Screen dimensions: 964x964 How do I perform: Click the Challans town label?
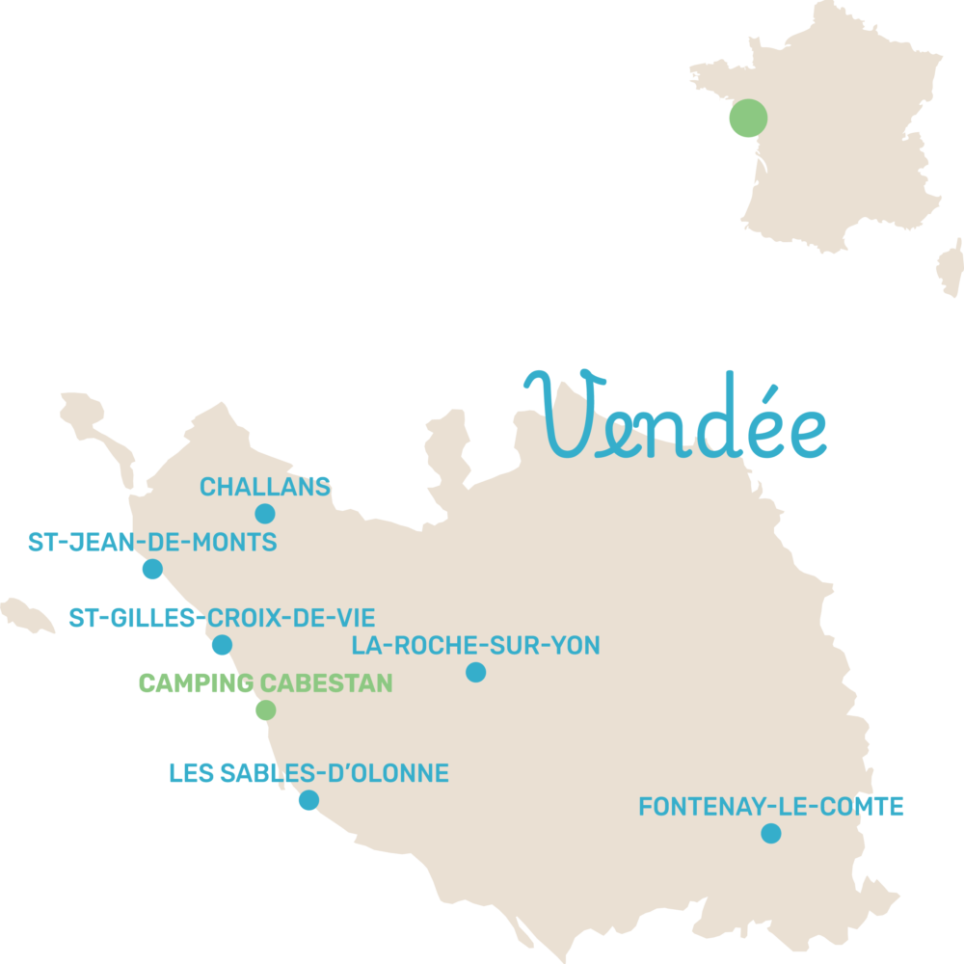[x=265, y=487]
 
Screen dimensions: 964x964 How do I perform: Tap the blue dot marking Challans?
[x=265, y=514]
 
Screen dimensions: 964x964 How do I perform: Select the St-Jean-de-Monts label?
[x=152, y=543]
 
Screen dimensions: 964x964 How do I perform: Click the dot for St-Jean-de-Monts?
[x=152, y=569]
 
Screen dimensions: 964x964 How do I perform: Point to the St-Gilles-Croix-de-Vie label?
[x=222, y=618]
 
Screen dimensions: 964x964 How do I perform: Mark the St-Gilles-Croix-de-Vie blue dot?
[x=222, y=645]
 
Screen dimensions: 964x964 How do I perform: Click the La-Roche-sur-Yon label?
[x=475, y=645]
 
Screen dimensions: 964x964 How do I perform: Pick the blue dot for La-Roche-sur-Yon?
[x=475, y=672]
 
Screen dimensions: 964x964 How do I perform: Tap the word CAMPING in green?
[x=197, y=683]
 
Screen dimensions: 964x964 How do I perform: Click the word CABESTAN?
[x=327, y=683]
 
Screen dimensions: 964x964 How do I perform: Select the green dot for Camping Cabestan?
[x=265, y=710]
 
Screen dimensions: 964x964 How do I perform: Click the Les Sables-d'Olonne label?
[x=308, y=773]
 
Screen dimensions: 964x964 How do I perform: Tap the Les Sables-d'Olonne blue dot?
[x=308, y=800]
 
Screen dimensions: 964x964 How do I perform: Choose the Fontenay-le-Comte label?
[x=771, y=807]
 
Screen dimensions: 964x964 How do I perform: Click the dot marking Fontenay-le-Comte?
[x=770, y=833]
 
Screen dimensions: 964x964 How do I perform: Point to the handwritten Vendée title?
[x=675, y=419]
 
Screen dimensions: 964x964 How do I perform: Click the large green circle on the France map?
[x=748, y=119]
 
